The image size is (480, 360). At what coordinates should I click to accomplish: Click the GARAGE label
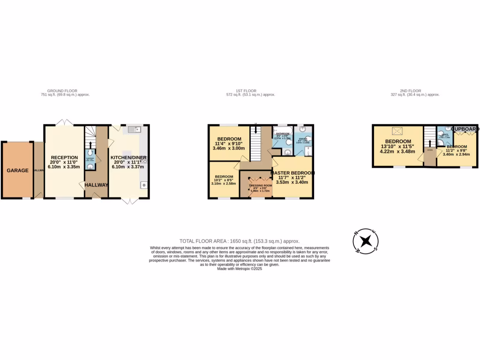pos(17,170)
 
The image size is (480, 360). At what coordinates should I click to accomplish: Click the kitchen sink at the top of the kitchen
pos(133,129)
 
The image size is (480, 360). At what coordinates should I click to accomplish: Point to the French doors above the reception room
pos(64,122)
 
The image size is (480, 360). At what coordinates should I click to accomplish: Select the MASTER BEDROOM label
pos(292,173)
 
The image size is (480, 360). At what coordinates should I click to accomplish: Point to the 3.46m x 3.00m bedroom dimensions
pos(229,148)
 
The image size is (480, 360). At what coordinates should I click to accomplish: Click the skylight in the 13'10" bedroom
pos(397,131)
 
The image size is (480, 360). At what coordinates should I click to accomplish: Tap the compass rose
pos(365,241)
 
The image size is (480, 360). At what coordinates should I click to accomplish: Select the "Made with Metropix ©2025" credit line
pos(240,269)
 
